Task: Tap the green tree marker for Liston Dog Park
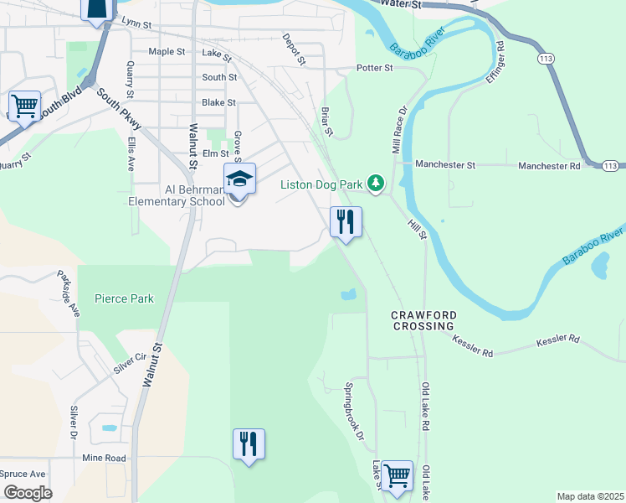377,183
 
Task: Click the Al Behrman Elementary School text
177,194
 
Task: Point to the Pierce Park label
124,298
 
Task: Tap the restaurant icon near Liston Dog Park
346,222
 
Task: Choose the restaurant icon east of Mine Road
249,443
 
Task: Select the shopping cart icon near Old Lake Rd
397,475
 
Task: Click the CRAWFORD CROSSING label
423,320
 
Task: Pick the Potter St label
374,68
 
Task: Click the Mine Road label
104,459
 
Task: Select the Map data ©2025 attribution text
589,496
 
